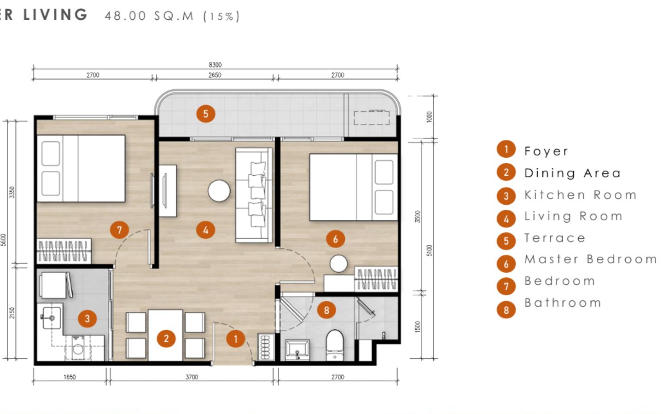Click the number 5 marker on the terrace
pos(206,114)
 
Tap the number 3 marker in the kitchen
pos(87,318)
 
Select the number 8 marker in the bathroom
pos(326,310)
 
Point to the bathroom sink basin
pos(297,350)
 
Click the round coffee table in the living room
pos(219,191)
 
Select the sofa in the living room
pos(254,195)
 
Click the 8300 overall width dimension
pos(215,65)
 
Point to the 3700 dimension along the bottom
pos(192,377)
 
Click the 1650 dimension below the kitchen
pos(70,377)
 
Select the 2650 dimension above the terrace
pos(215,75)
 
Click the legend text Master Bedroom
pos(591,259)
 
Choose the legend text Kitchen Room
pos(581,195)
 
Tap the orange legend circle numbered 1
pos(506,149)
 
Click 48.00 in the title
pos(126,16)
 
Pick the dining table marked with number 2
pos(165,335)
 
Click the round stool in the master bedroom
pos(338,264)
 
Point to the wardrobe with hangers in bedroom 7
pos(64,251)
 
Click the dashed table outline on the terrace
pos(372,118)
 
